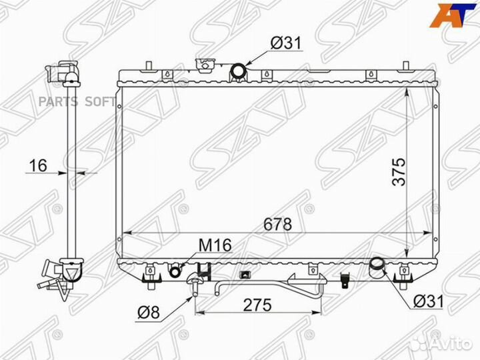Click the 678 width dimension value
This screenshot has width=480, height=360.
click(277, 225)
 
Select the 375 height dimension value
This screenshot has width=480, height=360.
click(399, 172)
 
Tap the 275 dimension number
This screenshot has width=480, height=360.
click(257, 305)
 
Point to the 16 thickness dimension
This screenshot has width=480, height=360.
click(38, 165)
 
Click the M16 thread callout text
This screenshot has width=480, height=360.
click(215, 245)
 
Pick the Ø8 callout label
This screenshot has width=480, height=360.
click(149, 313)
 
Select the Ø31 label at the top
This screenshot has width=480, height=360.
click(286, 43)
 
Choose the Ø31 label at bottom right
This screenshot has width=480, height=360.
click(428, 301)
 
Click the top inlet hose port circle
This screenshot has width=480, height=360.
click(238, 71)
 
